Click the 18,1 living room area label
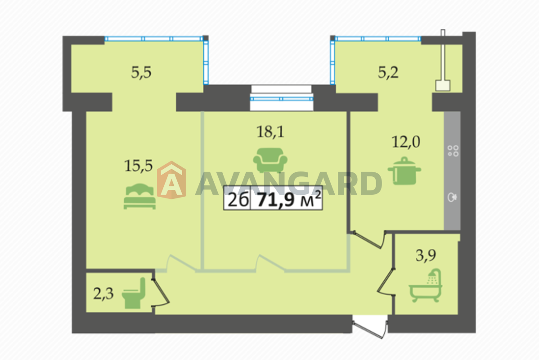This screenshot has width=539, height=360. (270, 132)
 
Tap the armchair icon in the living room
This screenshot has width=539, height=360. (270, 160)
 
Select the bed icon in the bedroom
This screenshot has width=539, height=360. (139, 196)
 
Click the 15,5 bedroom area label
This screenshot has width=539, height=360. (139, 166)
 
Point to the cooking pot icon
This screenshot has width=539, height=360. (404, 171)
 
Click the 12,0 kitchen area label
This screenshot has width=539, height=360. (406, 142)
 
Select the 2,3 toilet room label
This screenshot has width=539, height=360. (103, 294)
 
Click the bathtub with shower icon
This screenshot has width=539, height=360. (426, 286)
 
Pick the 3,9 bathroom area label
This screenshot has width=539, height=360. (426, 255)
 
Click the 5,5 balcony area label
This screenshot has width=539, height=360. (141, 72)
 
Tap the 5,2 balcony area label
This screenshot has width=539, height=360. (388, 72)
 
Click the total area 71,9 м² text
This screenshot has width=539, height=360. (289, 199)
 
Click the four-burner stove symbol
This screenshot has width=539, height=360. (453, 151)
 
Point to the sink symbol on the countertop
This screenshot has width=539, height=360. (452, 197)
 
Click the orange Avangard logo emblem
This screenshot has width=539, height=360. (171, 180)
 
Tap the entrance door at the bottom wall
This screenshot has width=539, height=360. (370, 328)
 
